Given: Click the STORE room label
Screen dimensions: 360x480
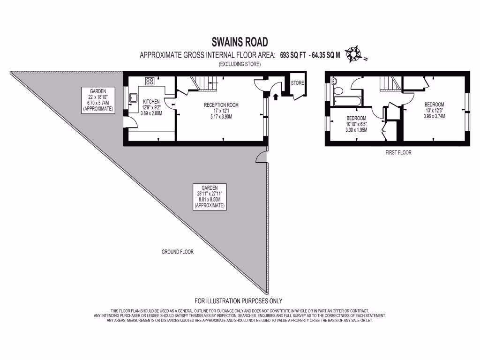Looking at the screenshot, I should coord(298,83).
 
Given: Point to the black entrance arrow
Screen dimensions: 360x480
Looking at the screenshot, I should coord(276,97).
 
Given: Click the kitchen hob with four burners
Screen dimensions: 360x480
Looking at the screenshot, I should coord(150,81).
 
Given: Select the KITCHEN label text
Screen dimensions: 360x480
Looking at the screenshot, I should coord(151,101).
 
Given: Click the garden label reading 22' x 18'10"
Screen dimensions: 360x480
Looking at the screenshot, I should coord(98,99).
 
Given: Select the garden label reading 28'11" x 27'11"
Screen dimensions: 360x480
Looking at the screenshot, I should coord(210,196).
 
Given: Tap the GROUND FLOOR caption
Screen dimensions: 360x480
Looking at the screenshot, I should coord(178,252).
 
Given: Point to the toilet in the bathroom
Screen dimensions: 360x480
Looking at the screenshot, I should coord(335,82).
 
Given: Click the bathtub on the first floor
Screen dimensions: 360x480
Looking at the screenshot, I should coord(347,99).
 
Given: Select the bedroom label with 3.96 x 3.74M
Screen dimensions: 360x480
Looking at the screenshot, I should coord(434,110).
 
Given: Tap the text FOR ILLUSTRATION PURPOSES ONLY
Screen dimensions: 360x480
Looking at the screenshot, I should coord(239,301).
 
